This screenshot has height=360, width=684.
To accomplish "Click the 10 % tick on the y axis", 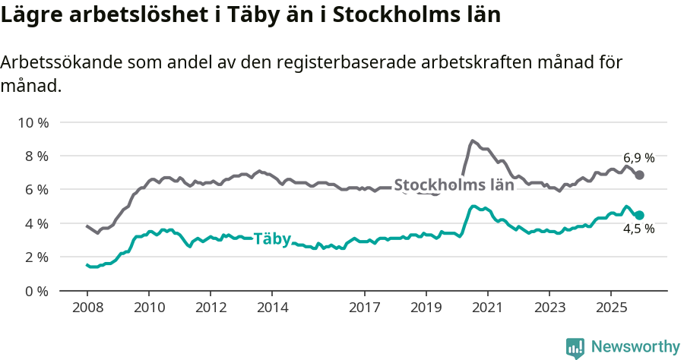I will (32, 122).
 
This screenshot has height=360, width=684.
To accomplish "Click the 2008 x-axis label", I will (87, 308).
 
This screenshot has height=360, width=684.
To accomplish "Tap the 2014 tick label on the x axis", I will (272, 308).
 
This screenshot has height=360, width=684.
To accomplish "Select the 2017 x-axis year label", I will (365, 308).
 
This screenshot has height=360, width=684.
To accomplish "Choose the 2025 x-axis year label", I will (611, 308).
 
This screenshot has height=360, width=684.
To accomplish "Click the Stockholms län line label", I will (454, 185).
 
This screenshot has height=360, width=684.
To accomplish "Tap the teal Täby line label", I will (271, 239).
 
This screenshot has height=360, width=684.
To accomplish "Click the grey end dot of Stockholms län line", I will (640, 175).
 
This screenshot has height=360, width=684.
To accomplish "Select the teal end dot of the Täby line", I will (640, 215).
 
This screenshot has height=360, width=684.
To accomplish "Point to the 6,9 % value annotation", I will (639, 158).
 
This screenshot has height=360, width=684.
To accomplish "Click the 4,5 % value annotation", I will (639, 229).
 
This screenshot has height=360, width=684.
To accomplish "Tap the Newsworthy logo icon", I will (575, 348).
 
